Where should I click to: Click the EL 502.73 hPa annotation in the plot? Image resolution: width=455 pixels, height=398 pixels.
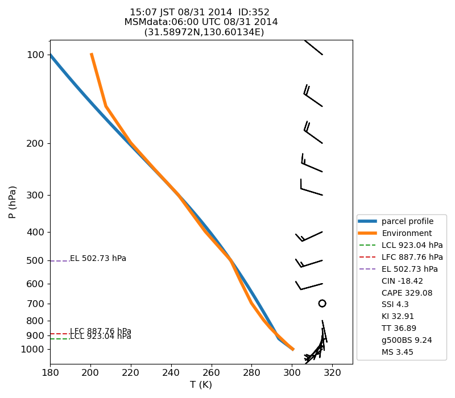[x=98, y=259]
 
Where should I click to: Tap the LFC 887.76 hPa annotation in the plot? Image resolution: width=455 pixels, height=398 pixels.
[x=101, y=331]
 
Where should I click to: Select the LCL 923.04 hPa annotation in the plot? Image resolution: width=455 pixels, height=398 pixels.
[x=101, y=337]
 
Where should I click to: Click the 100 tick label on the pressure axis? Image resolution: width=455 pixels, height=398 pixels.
[x=36, y=55]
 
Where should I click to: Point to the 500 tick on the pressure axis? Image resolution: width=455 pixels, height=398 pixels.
[x=36, y=260]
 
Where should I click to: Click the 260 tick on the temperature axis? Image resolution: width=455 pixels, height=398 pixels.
[x=212, y=372]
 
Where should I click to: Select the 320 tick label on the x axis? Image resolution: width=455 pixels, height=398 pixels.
[x=332, y=372]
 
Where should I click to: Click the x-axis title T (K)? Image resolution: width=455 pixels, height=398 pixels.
[x=201, y=385]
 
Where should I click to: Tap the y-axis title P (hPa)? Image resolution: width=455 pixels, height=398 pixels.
[x=13, y=202]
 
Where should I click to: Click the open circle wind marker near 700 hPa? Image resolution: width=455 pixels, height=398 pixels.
[x=322, y=304]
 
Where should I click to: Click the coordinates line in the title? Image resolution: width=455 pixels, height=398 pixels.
[x=204, y=32]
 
